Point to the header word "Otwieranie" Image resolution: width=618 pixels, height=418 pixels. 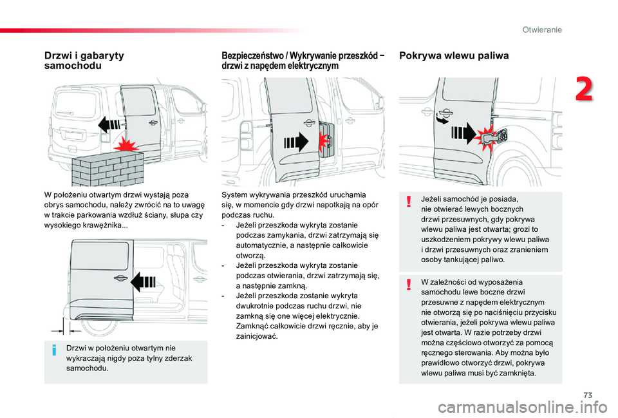coord(542,30)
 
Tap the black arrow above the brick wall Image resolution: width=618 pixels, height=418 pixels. coord(110,125)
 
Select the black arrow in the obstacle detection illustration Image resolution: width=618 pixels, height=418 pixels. coord(297,140)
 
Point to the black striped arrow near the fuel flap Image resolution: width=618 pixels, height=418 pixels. coord(464,134)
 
